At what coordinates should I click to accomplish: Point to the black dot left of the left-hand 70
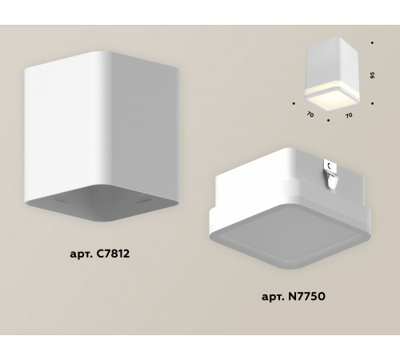(294, 103)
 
